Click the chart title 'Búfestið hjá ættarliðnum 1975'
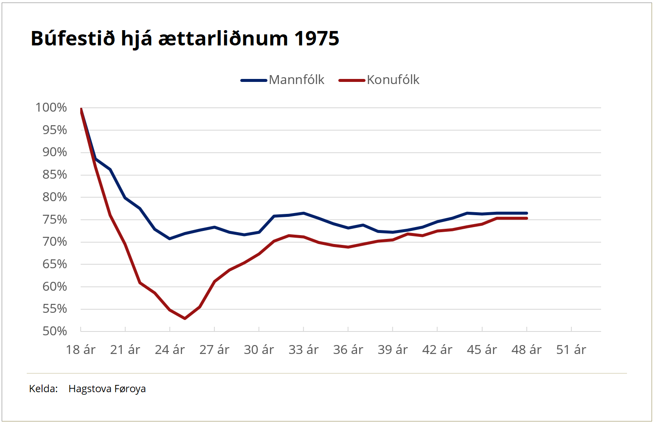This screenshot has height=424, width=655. click(x=185, y=39)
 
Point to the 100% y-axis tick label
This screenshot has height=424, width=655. click(x=51, y=107)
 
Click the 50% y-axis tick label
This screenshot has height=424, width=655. click(x=54, y=331)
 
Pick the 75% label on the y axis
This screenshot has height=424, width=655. click(x=54, y=219)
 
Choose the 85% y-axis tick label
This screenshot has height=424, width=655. click(x=54, y=174)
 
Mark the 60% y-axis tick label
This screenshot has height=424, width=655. click(x=54, y=286)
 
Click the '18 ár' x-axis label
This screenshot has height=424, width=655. click(x=81, y=350)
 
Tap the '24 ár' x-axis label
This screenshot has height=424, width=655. click(x=170, y=350)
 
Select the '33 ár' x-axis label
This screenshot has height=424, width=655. click(x=304, y=350)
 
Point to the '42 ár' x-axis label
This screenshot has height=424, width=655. click(x=437, y=350)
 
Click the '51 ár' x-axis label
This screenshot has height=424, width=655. click(x=571, y=350)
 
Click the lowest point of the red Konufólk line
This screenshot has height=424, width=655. click(x=185, y=318)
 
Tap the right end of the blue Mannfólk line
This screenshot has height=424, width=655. click(x=527, y=213)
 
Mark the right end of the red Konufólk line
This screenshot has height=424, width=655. click(x=527, y=218)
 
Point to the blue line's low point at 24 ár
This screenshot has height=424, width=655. click(x=170, y=239)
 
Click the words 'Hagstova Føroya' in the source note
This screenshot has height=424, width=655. click(x=107, y=389)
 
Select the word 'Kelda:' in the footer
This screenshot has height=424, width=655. click(x=43, y=389)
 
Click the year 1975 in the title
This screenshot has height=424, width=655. click(x=317, y=39)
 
